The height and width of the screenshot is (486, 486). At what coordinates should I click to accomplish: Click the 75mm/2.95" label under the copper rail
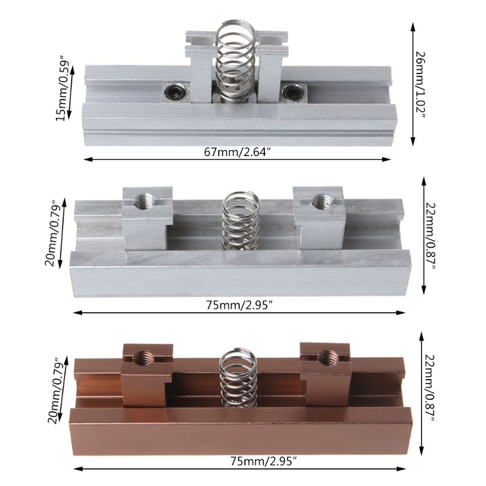[x=238, y=460]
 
